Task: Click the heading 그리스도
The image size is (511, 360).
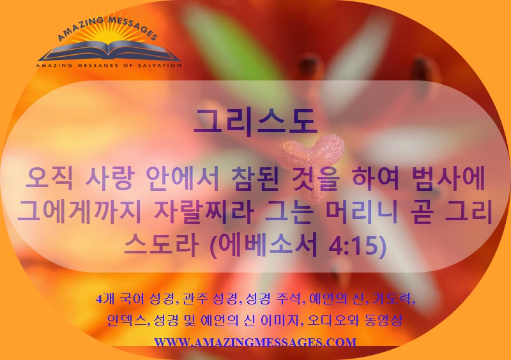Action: coord(255,121)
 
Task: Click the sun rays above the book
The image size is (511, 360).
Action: coord(107,35)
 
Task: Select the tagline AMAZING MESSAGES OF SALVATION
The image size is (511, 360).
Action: coord(109,65)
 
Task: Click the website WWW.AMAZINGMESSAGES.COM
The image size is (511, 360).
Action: coord(255,342)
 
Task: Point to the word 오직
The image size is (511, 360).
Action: coord(49,179)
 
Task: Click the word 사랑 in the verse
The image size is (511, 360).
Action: coord(109,179)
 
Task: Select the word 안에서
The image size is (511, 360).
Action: coord(183,179)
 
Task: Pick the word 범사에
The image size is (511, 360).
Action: coord(448,179)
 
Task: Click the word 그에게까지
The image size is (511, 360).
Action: coord(79,212)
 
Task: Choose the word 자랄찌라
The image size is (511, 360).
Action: coord(204,212)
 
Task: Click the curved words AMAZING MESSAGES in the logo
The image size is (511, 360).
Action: coord(107,29)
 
